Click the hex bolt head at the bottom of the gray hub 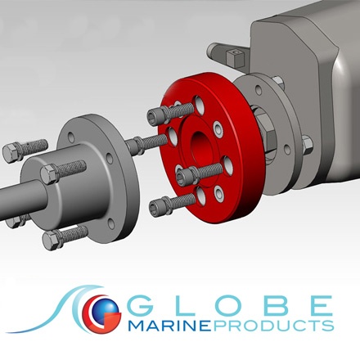[x=52, y=238]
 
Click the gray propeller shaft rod [x=16, y=200]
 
